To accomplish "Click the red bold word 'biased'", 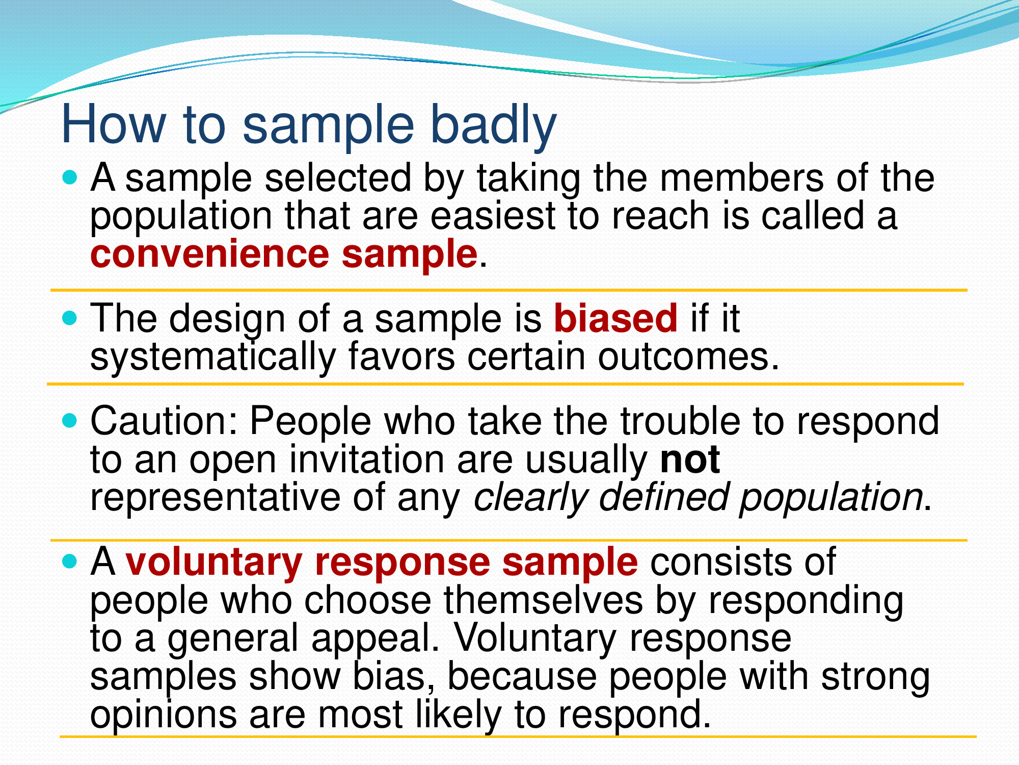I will (x=615, y=318).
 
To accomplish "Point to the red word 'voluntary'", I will (x=214, y=562).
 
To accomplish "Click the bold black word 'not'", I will (x=690, y=459).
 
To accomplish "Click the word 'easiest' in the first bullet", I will (x=493, y=216).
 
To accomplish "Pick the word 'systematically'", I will (x=213, y=357).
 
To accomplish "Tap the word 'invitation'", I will (x=367, y=459).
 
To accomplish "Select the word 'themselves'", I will (x=543, y=600).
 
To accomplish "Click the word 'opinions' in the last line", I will (x=163, y=715).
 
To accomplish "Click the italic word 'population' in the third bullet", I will (x=830, y=497).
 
